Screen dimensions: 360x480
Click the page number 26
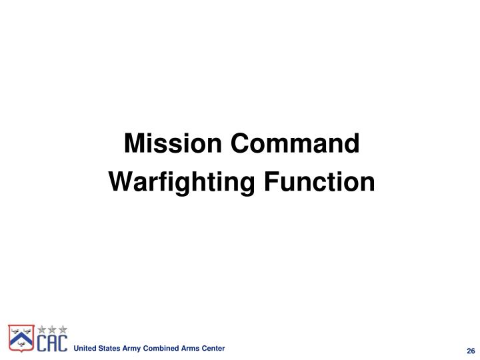[x=470, y=351]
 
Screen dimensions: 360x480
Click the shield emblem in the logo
[x=21, y=337]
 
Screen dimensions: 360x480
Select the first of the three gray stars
[x=41, y=329]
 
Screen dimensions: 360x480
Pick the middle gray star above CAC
[x=52, y=329]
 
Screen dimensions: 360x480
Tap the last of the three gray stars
[x=63, y=329]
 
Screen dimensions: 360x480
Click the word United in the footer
[x=84, y=349]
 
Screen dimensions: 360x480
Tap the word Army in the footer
[x=130, y=349]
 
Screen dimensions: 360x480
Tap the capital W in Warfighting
[x=117, y=181]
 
